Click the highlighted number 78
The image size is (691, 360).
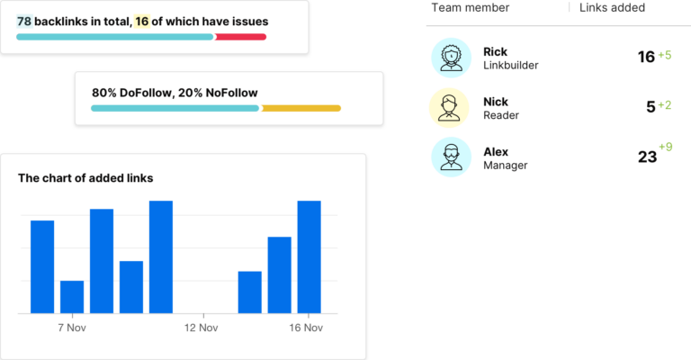coord(24,20)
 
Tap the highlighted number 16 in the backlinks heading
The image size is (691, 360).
coord(142,20)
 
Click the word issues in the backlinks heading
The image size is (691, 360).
coord(248,20)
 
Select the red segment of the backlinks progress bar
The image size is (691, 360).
coord(241,37)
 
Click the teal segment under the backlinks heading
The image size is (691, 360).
coord(114,37)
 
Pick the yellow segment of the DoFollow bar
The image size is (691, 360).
coord(301,108)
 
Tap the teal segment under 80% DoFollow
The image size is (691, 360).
coord(175,108)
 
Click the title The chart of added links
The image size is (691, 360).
coord(85,178)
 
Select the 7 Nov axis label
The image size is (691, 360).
coord(71,328)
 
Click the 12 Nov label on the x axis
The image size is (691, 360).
coord(201,328)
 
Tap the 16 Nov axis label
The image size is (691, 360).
coord(306,328)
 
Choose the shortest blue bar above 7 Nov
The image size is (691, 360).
coord(72,297)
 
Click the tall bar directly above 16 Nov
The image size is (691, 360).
coord(309,256)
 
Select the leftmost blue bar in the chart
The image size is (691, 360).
coord(42,266)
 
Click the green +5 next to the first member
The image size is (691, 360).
coord(665,55)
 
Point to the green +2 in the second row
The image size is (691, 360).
coord(665,105)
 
